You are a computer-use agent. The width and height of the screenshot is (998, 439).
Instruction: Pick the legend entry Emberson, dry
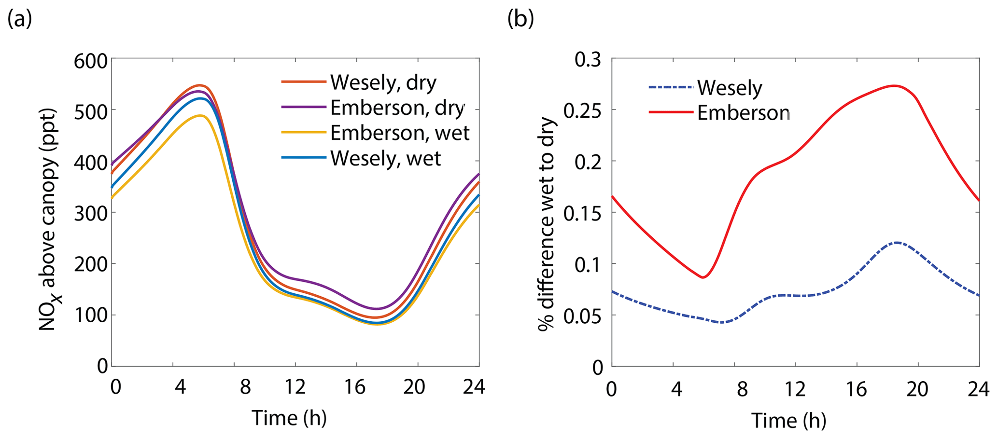[x=397, y=108]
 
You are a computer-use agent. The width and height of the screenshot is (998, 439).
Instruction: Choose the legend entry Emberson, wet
[x=399, y=133]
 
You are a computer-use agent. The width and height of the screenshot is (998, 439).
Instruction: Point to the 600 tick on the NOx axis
[x=90, y=62]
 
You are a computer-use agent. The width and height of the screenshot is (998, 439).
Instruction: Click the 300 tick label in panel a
[x=90, y=213]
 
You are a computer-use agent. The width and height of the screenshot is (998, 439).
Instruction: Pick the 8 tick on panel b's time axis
[x=742, y=389]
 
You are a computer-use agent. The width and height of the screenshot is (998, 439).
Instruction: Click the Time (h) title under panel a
[x=289, y=417]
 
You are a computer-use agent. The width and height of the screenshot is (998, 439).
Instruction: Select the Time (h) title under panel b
[x=788, y=420]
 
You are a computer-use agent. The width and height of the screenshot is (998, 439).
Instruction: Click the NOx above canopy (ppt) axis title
[x=49, y=219]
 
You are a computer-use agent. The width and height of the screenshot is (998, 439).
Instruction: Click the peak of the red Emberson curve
[x=894, y=86]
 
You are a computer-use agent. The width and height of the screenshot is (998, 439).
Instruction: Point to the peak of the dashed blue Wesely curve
[x=897, y=243]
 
